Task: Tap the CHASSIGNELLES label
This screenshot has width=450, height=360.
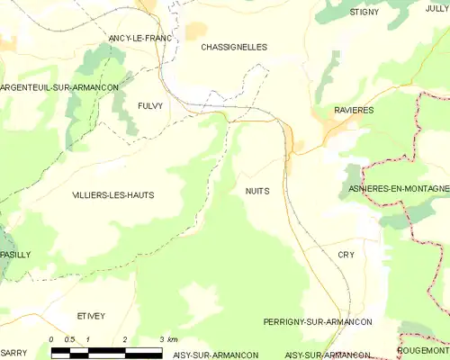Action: [234, 47]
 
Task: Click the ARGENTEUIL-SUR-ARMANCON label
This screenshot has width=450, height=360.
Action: [60, 86]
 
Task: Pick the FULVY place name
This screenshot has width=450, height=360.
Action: [150, 105]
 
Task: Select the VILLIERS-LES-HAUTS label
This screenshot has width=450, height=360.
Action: [112, 194]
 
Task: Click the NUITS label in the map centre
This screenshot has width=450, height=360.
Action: [256, 191]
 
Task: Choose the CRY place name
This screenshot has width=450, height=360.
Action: [346, 255]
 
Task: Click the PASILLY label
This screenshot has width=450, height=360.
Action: [15, 255]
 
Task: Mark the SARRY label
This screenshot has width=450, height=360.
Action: [13, 354]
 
